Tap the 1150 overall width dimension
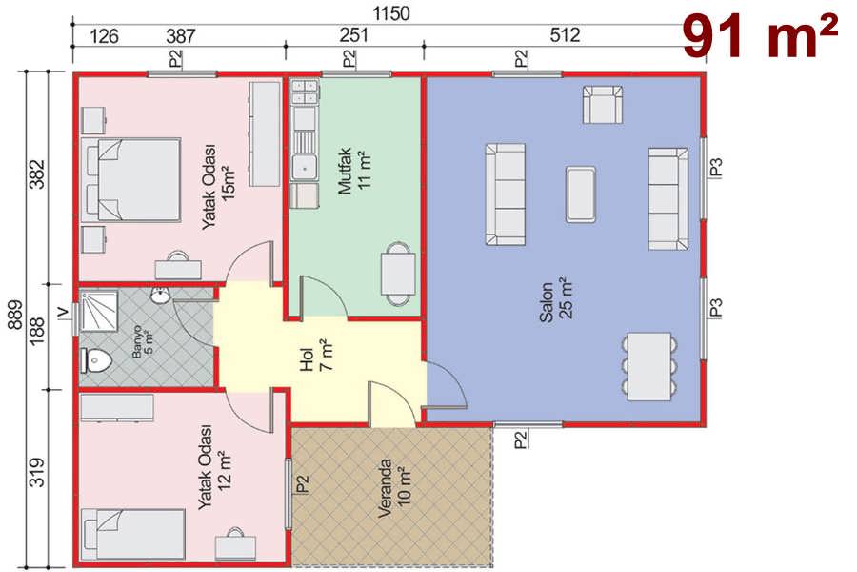click(390, 13)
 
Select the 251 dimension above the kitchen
click(353, 35)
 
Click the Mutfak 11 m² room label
click(355, 171)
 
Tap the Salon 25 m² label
click(556, 300)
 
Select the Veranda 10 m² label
click(394, 488)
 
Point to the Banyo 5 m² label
click(142, 342)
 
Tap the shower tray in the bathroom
click(99, 312)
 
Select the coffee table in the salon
click(581, 194)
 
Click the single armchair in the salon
click(603, 104)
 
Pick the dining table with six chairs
click(649, 366)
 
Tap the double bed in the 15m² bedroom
click(131, 179)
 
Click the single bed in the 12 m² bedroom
click(132, 534)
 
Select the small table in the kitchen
click(398, 274)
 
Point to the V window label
click(64, 312)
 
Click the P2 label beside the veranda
click(302, 484)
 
